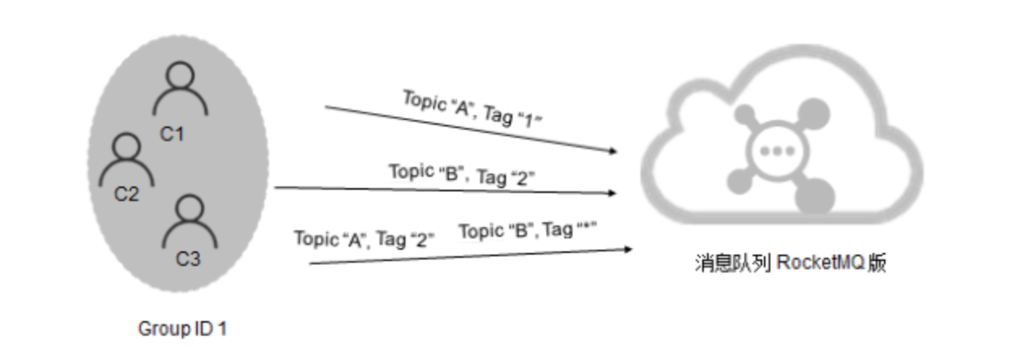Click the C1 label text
coord(172,134)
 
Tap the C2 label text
coord(126,195)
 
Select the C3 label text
coord(187,259)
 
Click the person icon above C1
coord(180,88)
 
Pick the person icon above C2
coord(126,160)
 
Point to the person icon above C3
coord(190,221)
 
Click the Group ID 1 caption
coord(182,329)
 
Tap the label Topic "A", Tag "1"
coord(472,109)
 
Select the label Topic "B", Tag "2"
coord(461,175)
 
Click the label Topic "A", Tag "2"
coord(364,239)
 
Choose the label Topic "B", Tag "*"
coord(528,230)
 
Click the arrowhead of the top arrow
coord(613,151)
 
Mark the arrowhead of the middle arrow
coord(612,193)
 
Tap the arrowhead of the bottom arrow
coord(628,249)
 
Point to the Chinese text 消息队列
coord(733,263)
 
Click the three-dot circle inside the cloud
coord(777,151)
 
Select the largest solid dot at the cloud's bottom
coord(815,196)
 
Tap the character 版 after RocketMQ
coord(877,263)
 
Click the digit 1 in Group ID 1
coord(222,329)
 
